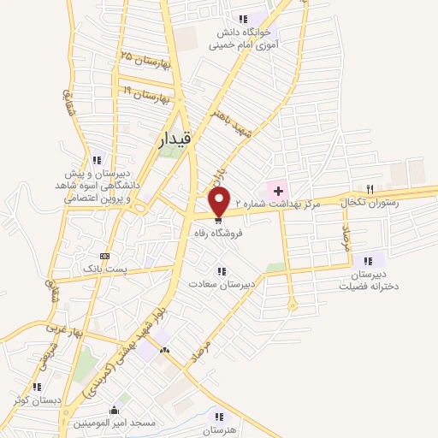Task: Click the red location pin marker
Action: pos(220,202)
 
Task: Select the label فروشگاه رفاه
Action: pos(220,232)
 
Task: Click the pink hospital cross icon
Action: pos(277,189)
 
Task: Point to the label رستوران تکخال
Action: pos(368,204)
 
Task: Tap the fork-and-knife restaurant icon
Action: pos(370,189)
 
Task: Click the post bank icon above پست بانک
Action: pos(105,256)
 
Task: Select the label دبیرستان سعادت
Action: pos(222,284)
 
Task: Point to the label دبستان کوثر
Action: pos(34,400)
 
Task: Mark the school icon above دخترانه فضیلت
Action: pos(368,262)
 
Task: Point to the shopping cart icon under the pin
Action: pos(220,219)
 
